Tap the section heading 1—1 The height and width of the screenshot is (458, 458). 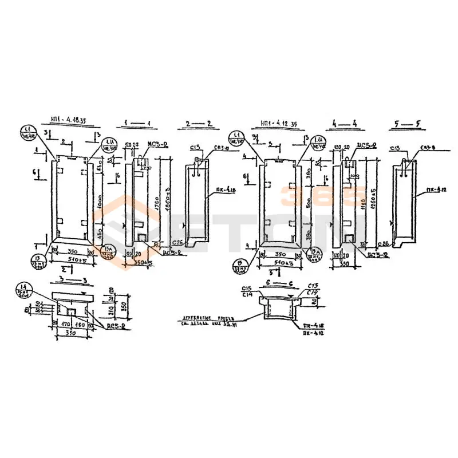tap(137, 123)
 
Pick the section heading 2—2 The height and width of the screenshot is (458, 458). tap(199, 123)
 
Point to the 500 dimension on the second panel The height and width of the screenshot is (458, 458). tap(308, 203)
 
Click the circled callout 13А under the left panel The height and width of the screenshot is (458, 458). tap(107, 251)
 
